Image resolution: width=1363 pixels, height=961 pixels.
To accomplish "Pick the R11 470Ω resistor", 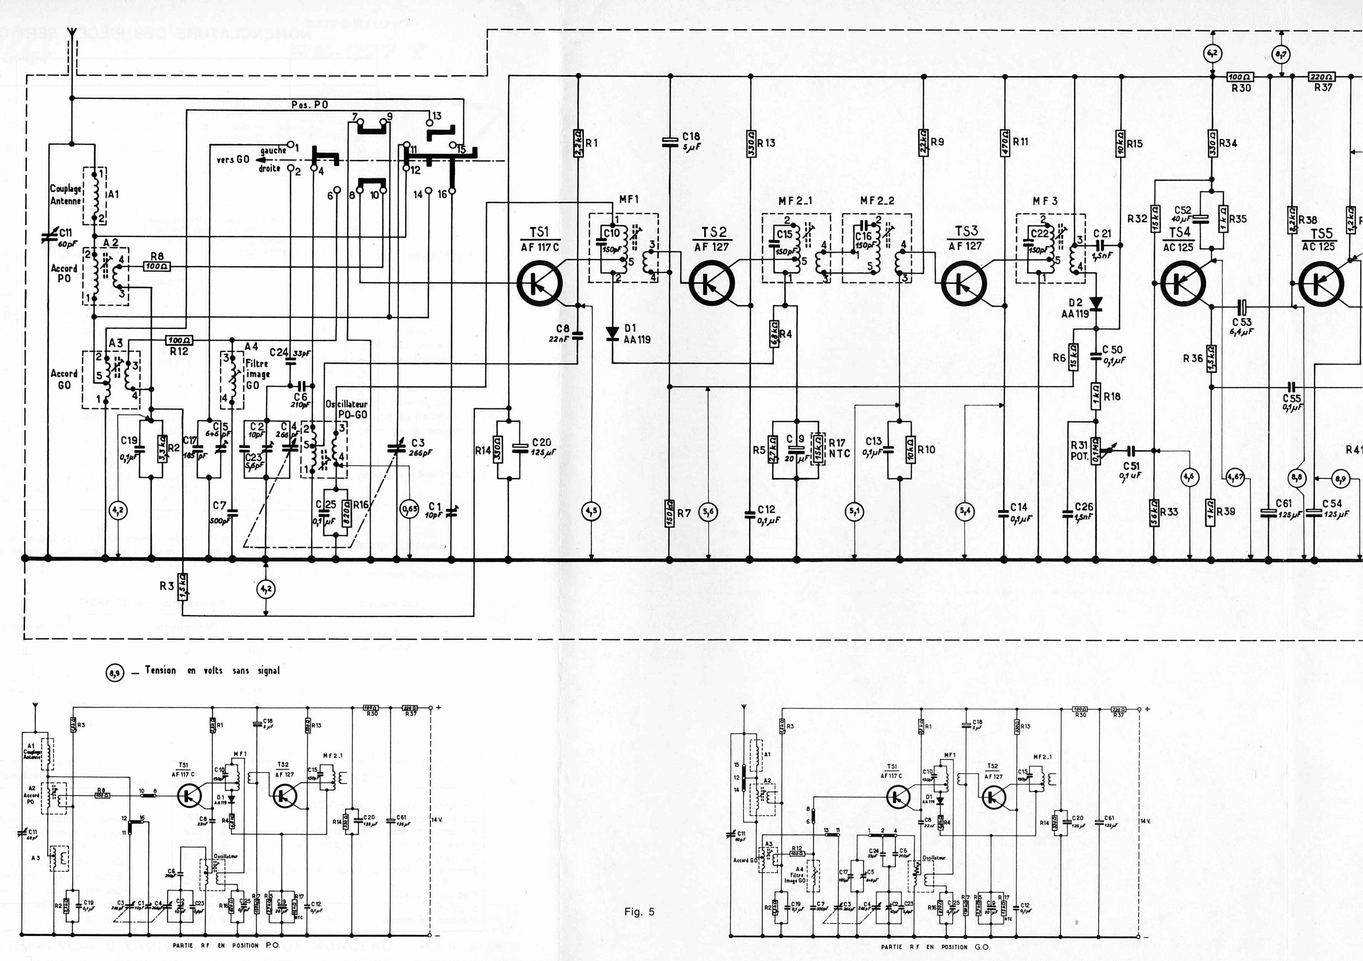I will click(x=1004, y=143).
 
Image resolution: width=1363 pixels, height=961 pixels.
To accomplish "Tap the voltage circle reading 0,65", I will click(x=409, y=509).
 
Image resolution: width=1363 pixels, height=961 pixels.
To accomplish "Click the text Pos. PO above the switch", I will click(x=310, y=105).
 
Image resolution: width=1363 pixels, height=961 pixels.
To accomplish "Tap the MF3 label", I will click(x=1045, y=201).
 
